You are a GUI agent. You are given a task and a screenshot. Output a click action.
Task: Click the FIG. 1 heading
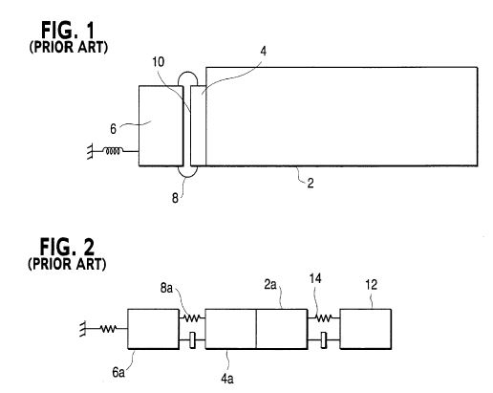68,31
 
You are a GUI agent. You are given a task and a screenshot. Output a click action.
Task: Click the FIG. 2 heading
67,247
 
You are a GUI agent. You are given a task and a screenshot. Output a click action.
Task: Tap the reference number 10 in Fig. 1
158,62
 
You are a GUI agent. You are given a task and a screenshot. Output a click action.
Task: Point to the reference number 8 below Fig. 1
175,198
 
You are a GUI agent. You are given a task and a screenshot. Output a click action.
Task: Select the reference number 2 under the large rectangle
311,183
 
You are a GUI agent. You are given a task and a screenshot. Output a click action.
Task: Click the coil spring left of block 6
114,151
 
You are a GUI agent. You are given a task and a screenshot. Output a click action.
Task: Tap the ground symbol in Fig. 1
91,151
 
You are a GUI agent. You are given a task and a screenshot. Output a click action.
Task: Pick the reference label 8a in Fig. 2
166,289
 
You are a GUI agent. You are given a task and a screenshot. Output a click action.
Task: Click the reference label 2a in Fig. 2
270,284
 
